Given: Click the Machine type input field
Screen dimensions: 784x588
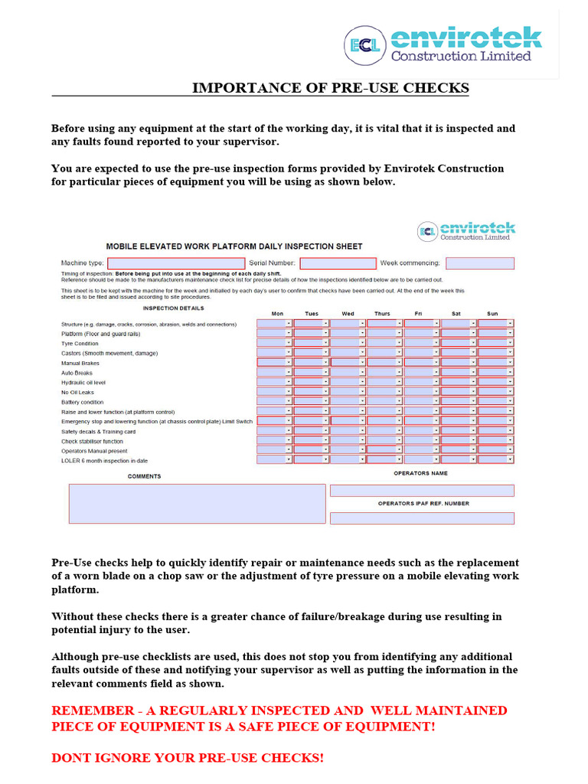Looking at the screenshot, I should click(172, 263).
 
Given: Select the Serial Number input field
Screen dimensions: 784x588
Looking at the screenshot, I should click(338, 263).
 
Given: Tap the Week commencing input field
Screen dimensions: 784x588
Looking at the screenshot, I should click(479, 263).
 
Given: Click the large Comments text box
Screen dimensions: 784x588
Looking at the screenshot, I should click(197, 503).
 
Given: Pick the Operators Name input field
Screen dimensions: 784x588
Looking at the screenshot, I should click(422, 491).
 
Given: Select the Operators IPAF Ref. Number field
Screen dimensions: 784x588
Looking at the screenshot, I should click(422, 518).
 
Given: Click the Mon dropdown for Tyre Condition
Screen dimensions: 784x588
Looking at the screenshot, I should click(274, 344).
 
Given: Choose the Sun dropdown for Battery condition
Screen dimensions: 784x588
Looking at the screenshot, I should click(495, 402).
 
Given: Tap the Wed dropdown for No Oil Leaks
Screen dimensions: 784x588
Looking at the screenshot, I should click(348, 392).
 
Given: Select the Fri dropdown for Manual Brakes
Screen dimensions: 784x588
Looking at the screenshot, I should click(422, 363).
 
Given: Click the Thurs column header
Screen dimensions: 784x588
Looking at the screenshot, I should click(382, 314).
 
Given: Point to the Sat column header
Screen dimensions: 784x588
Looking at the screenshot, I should click(456, 314).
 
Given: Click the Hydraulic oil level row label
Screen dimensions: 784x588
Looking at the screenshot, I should click(83, 382).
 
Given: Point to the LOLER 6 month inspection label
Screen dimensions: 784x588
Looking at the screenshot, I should click(105, 461).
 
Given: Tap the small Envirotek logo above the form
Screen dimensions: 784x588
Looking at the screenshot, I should click(466, 231).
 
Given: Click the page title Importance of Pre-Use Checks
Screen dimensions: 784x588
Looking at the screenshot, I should click(330, 88).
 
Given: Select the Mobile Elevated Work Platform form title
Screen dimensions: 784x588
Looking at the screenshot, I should click(234, 247).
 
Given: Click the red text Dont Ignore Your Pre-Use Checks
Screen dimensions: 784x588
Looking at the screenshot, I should click(188, 758).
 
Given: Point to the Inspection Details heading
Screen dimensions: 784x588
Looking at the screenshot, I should click(174, 309).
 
